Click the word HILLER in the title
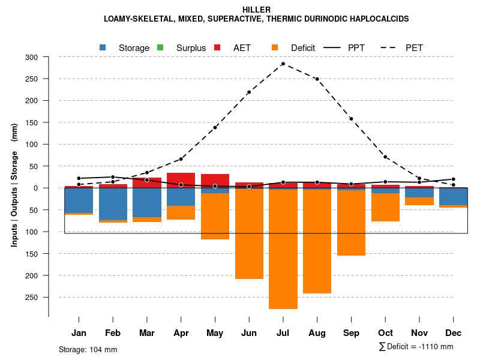pos(256,10)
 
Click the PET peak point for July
pos(283,64)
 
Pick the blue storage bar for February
pos(113,204)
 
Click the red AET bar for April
pos(181,181)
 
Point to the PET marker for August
pos(317,79)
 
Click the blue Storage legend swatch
pos(103,47)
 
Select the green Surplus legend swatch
pos(160,47)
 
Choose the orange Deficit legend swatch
pos(275,47)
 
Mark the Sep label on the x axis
pos(351,333)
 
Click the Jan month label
pos(79,333)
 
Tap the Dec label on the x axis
pos(454,333)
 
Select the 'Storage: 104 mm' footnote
pos(88,349)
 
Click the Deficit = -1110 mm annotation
pos(416,346)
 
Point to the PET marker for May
pos(215,127)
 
